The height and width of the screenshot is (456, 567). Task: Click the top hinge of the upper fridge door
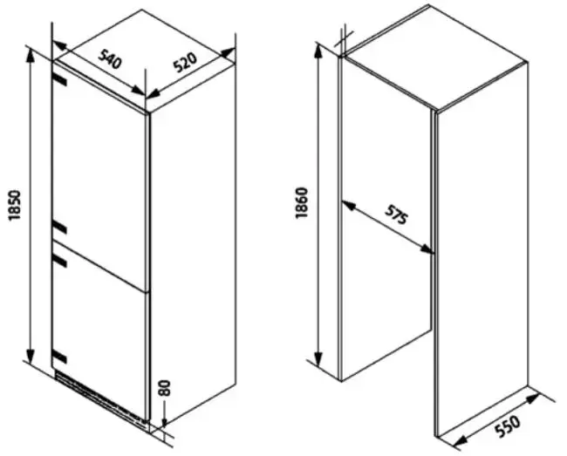pos(59,78)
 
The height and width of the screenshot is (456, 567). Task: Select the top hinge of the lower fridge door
pos(59,257)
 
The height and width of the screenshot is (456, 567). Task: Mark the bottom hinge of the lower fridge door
pos(59,356)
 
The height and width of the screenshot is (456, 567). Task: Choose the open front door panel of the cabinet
pos(480,262)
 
